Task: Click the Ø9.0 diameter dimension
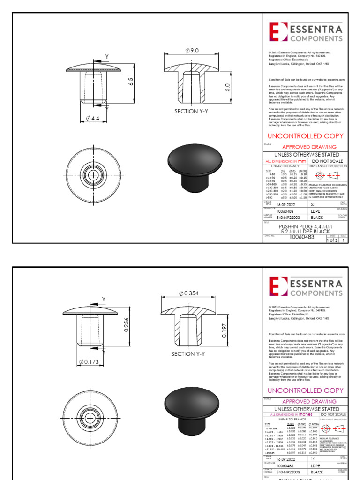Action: pos(192,51)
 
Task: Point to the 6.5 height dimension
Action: pos(132,82)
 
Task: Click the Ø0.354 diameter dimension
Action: pos(189,293)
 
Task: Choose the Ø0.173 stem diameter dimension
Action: pos(89,362)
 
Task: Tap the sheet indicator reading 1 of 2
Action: pos(332,240)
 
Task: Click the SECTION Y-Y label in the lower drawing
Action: pos(188,354)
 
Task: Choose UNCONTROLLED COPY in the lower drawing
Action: pos(305,390)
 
